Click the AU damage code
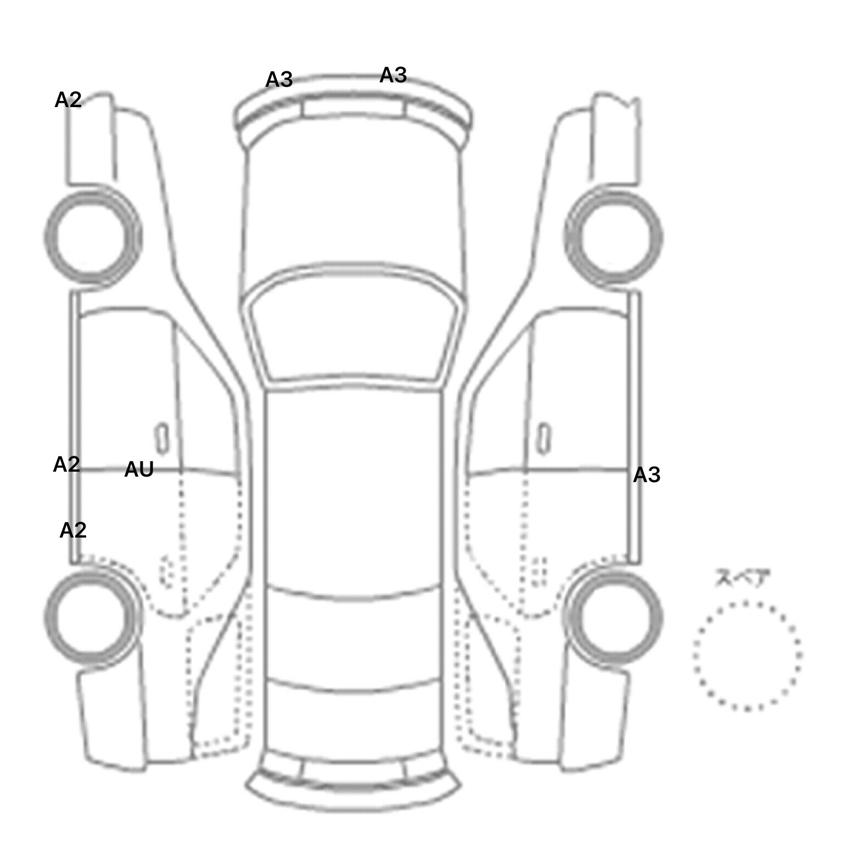click(139, 469)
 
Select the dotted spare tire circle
click(747, 656)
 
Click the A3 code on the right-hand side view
click(647, 475)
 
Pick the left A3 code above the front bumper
click(279, 80)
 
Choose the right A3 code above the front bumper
click(393, 75)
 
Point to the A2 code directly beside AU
click(67, 465)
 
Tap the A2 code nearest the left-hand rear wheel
click(73, 530)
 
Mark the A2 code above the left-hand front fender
click(68, 100)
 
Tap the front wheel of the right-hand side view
click(614, 238)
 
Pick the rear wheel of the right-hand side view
click(614, 617)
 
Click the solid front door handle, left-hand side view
click(162, 439)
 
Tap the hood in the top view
click(353, 209)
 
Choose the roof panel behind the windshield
click(353, 489)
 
